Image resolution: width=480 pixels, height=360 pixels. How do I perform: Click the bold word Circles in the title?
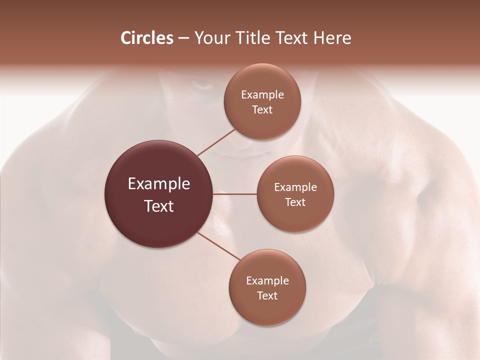(x=146, y=38)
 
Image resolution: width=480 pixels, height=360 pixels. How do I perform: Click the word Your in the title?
(x=211, y=38)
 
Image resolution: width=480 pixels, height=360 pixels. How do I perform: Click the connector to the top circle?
(x=216, y=142)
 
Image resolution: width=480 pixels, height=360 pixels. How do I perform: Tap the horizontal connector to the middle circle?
(x=234, y=194)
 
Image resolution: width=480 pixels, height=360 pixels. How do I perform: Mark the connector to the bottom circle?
(x=219, y=246)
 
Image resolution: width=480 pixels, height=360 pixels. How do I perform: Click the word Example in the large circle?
(x=159, y=184)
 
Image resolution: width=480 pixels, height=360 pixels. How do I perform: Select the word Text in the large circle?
(x=159, y=206)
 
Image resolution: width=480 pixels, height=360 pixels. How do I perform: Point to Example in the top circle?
(x=262, y=95)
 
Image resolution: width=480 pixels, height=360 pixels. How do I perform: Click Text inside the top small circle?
(x=262, y=110)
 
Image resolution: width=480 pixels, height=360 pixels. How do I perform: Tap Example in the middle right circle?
(x=295, y=187)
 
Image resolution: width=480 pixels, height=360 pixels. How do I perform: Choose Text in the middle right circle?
(x=295, y=202)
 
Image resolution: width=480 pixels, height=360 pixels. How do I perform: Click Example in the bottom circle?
(x=267, y=281)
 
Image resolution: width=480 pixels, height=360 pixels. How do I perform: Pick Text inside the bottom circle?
(x=267, y=296)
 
